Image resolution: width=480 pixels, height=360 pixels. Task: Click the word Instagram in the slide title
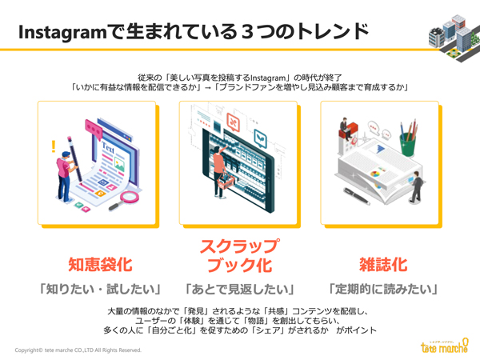click(x=62, y=33)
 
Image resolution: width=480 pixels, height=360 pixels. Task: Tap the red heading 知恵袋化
click(x=100, y=265)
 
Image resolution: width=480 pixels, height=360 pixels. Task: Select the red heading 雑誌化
click(x=383, y=265)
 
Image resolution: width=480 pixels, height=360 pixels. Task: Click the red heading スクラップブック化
click(x=240, y=256)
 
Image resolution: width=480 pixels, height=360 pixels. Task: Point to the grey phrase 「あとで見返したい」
click(x=240, y=289)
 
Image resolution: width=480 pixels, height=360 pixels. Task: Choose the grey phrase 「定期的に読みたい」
click(x=383, y=289)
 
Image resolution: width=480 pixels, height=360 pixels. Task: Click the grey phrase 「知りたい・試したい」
click(x=100, y=289)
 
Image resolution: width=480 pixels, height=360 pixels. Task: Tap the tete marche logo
click(x=445, y=346)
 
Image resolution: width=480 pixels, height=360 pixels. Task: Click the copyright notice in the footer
click(x=78, y=350)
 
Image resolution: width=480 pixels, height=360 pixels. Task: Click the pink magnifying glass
click(x=125, y=201)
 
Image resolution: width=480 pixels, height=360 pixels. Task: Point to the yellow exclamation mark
click(x=54, y=146)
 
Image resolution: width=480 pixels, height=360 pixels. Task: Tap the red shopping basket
click(x=226, y=182)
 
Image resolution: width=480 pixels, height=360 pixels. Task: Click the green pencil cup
click(x=408, y=143)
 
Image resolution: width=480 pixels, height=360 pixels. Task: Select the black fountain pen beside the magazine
click(x=356, y=196)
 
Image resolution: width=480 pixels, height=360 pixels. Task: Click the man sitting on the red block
click(x=344, y=126)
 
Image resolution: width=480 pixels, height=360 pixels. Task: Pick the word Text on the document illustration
click(x=108, y=148)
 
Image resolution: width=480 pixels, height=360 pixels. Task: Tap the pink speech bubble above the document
click(x=94, y=130)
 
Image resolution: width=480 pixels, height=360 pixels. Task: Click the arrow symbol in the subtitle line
click(x=208, y=88)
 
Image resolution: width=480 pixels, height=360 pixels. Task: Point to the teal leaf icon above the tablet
click(x=260, y=138)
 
